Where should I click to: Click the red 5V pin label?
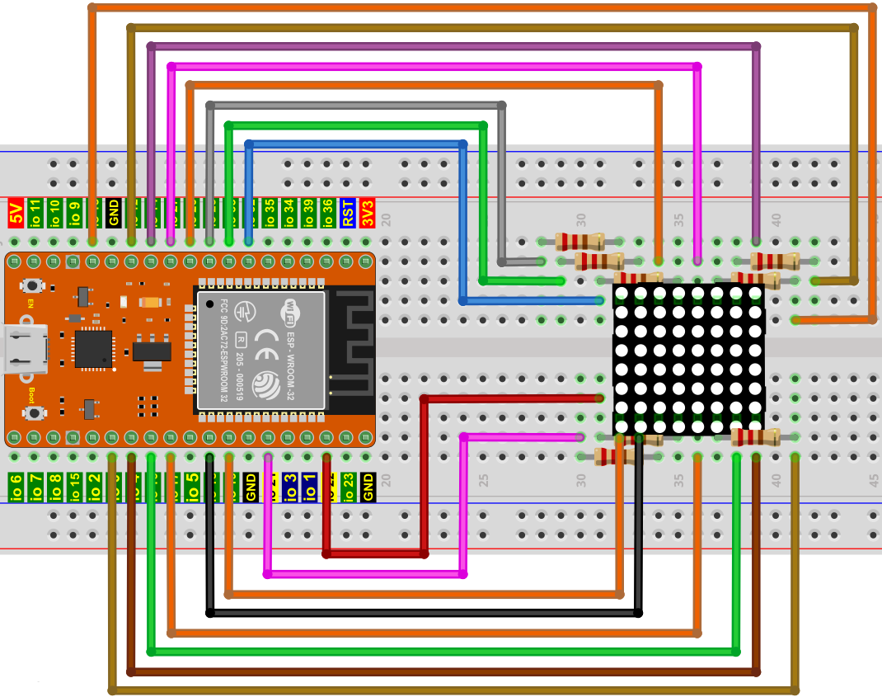coord(15,213)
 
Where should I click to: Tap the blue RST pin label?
coord(348,213)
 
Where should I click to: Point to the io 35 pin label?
coord(270,213)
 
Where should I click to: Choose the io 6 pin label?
coord(15,487)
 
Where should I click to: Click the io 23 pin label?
coord(348,487)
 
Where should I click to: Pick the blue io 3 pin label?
coord(289,487)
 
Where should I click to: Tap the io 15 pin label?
coord(74,487)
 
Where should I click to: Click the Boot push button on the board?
coord(34,412)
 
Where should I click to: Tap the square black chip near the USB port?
coord(93,348)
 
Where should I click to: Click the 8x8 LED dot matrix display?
coord(688,360)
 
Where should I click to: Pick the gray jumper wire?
coord(501,181)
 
